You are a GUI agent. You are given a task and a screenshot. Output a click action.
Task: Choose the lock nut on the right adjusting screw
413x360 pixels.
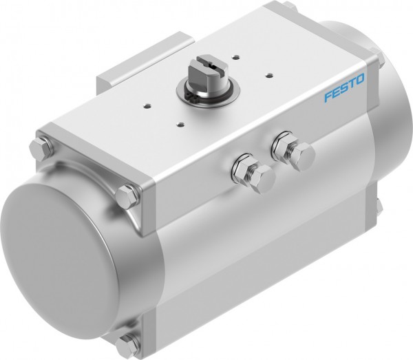click(x=284, y=145)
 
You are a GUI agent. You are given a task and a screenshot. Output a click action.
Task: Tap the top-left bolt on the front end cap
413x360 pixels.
click(x=40, y=149)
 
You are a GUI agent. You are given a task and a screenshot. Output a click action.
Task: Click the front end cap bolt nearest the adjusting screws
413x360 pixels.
click(x=127, y=195)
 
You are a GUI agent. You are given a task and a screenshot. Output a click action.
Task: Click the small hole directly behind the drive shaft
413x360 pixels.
click(x=235, y=56)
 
